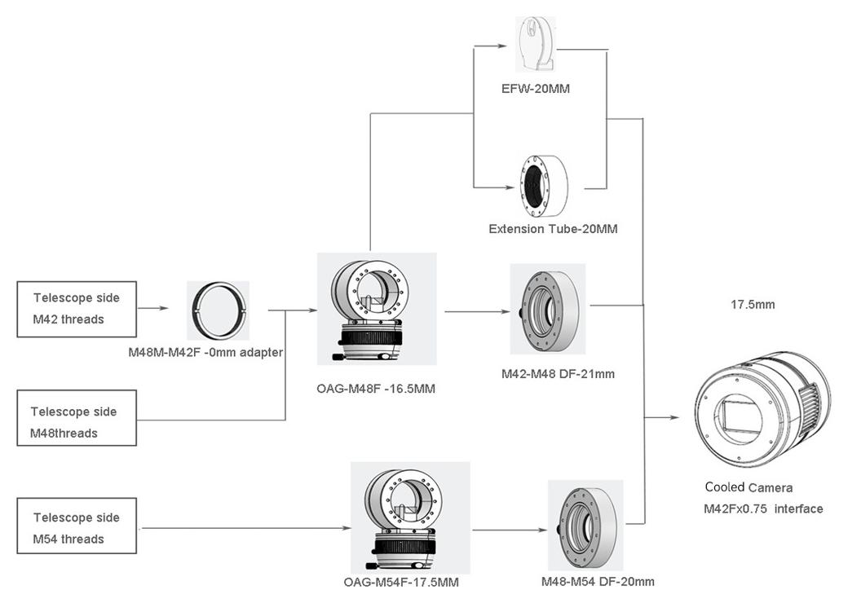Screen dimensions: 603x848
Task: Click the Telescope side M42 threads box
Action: coord(77,309)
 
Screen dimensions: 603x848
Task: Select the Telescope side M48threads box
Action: coord(77,422)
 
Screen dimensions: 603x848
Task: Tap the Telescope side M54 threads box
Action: coord(77,528)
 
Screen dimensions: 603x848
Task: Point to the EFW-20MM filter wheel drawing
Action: coord(536,45)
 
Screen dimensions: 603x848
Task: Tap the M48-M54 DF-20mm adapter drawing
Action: coord(585,526)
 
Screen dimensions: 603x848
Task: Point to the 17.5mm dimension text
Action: coord(752,305)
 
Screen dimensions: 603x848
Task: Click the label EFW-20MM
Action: coord(535,88)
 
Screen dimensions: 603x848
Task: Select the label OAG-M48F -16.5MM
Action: coord(376,389)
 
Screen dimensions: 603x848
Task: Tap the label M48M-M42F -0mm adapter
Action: coord(205,353)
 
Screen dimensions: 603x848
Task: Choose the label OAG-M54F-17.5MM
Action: coord(400,582)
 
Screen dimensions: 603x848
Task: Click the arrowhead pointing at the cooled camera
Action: coord(674,417)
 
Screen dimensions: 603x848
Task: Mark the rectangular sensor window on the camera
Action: coord(742,415)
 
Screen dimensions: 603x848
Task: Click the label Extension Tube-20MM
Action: coord(553,229)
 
